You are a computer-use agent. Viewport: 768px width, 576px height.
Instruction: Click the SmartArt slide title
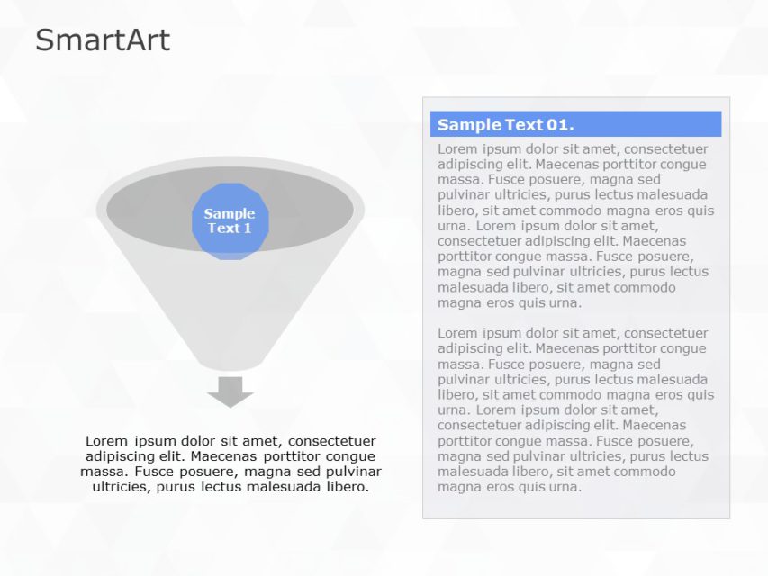pos(102,40)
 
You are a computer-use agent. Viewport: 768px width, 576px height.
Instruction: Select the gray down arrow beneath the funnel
pos(230,391)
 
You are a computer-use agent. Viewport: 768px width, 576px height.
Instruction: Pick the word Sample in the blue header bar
pos(468,125)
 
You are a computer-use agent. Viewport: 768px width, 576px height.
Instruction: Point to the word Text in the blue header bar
pos(521,125)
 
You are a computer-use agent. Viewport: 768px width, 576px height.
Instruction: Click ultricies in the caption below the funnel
pos(122,487)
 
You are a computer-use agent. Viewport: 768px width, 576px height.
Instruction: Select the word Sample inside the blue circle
pos(230,214)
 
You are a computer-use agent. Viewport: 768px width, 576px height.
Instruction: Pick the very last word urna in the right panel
pos(565,487)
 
